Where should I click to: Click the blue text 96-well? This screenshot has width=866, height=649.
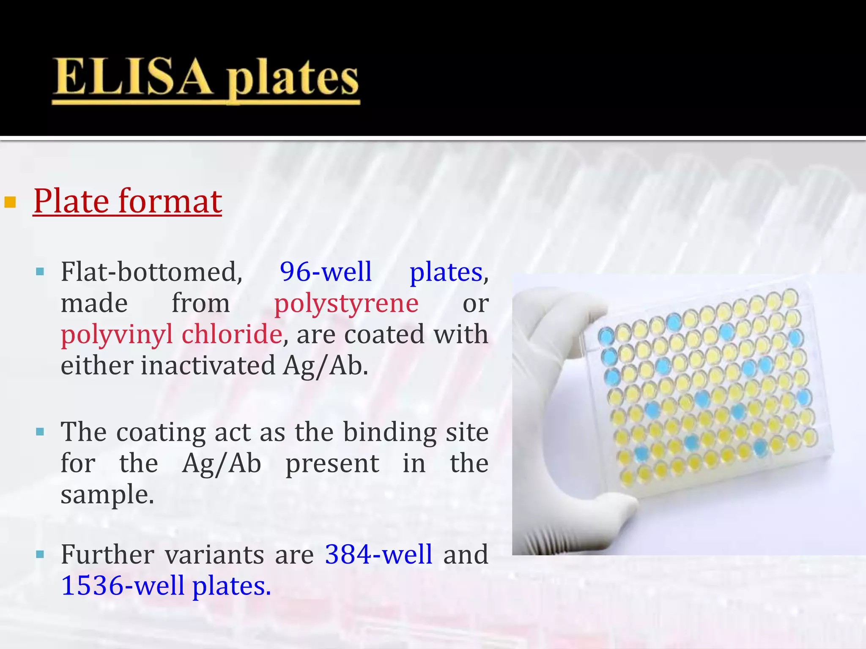tap(326, 272)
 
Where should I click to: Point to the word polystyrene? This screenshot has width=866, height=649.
tap(346, 303)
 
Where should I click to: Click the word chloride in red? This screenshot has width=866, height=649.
tap(232, 334)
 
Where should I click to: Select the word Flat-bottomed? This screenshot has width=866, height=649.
tap(151, 272)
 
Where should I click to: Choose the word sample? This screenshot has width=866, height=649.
tap(107, 495)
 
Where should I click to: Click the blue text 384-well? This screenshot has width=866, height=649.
tap(378, 554)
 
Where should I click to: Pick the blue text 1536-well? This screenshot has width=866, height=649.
tap(123, 586)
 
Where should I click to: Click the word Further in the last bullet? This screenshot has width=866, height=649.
tap(107, 554)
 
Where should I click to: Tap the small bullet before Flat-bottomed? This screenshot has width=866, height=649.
tap(40, 272)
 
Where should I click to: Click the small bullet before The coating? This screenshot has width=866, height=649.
tap(40, 432)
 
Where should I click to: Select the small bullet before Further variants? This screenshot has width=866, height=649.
tap(40, 554)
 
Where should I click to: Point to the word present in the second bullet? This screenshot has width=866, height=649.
tap(332, 464)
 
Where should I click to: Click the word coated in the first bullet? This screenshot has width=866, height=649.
tap(384, 334)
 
